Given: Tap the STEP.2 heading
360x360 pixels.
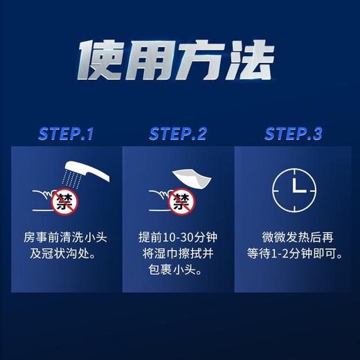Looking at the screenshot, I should tap(178, 134).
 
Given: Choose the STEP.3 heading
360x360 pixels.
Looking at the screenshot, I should tap(293, 134).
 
